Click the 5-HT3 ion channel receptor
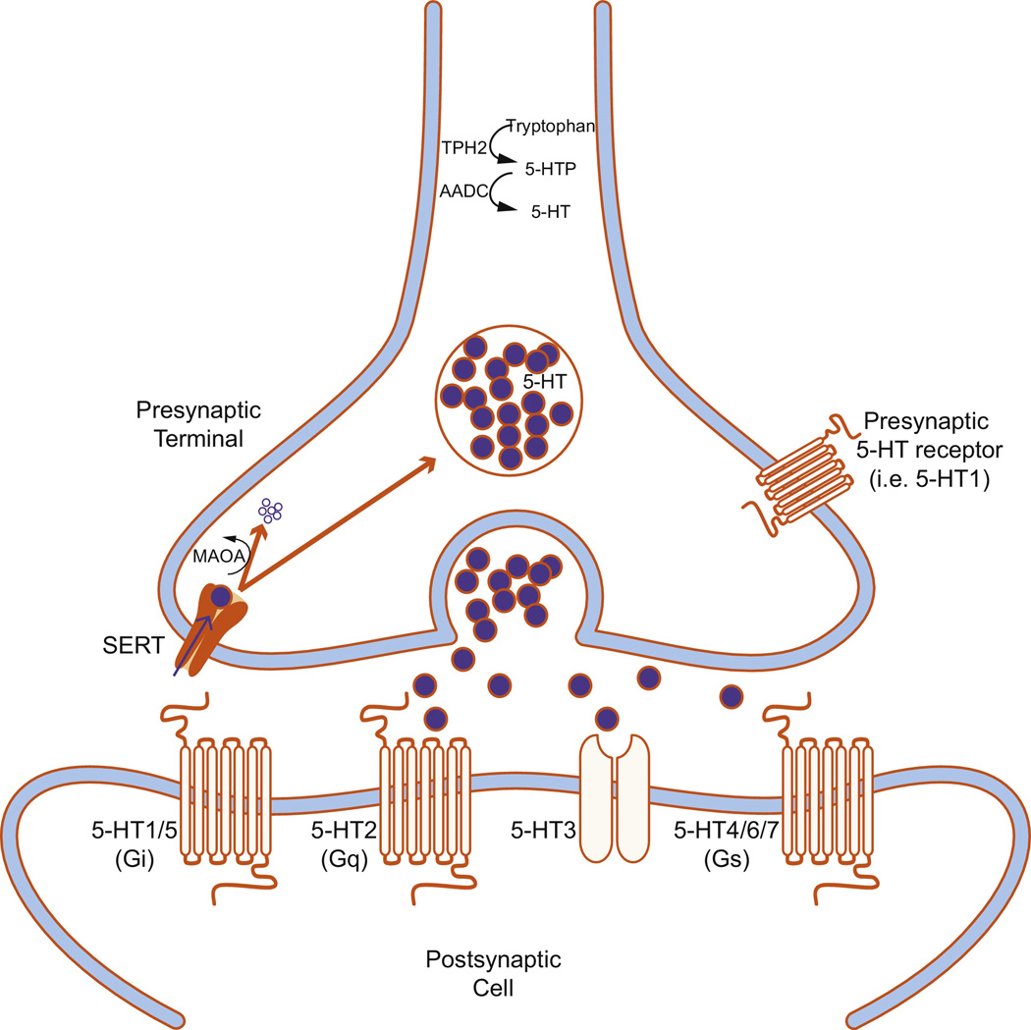617,796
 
